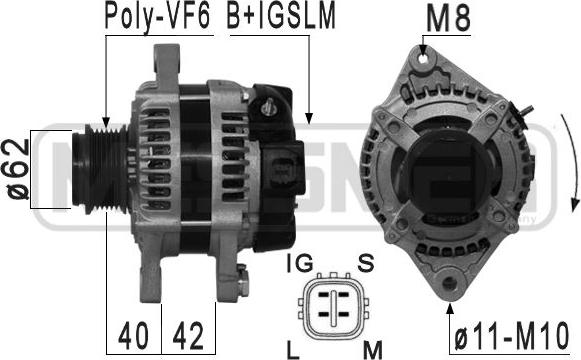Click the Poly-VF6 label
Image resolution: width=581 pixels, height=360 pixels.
tap(157, 17)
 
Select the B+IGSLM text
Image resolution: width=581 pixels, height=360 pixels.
tap(281, 16)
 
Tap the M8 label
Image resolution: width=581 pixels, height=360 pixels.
tap(448, 19)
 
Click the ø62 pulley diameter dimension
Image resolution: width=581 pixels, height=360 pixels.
tap(17, 169)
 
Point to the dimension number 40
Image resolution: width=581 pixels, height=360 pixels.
tap(133, 336)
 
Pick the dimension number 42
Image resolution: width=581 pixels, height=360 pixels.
tap(188, 336)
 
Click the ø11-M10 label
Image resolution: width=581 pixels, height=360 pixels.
tap(511, 336)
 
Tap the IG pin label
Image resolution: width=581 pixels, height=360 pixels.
tap(300, 263)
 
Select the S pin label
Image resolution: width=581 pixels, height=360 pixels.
tap(366, 263)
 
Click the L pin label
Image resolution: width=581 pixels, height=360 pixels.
tap(293, 350)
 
